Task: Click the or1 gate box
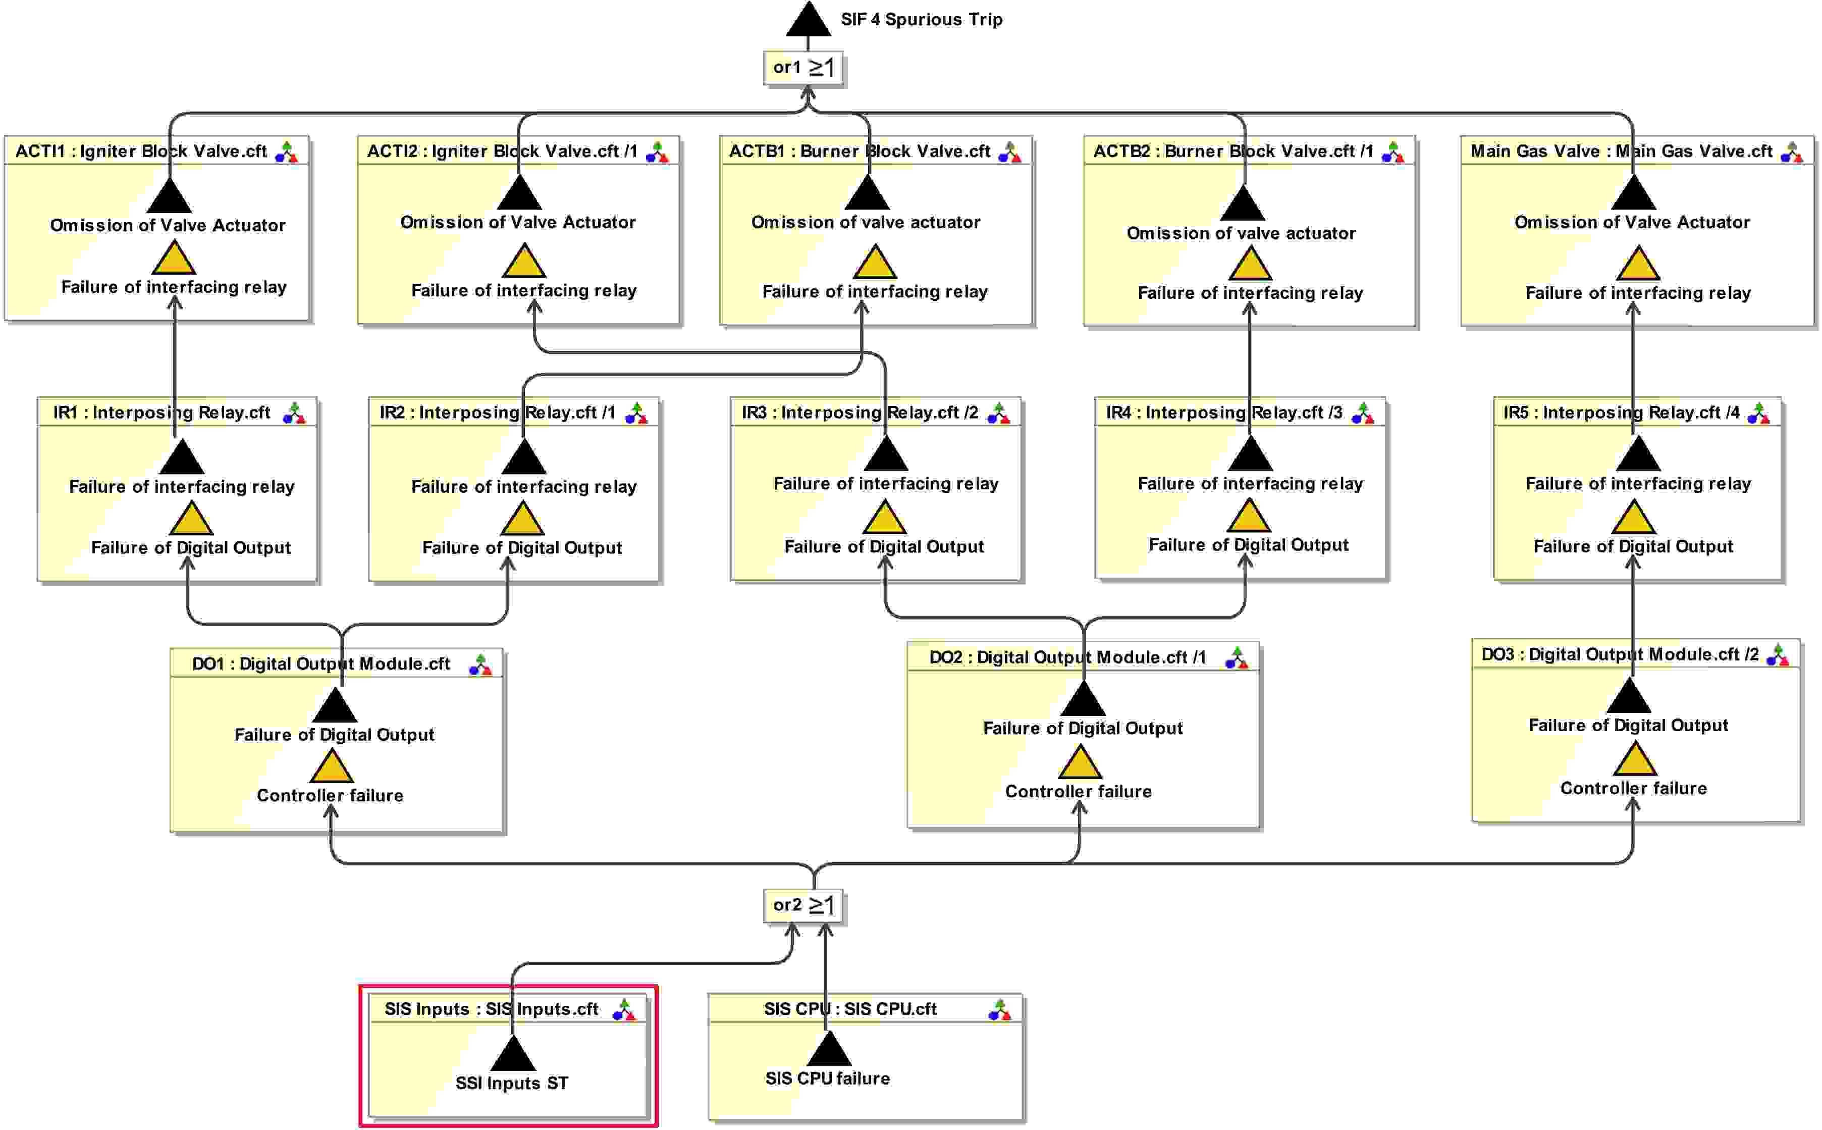tap(803, 68)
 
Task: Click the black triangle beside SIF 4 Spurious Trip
tap(808, 21)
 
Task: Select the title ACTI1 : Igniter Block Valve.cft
tap(141, 151)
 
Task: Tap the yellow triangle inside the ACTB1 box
tap(874, 263)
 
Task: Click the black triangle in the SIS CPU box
tap(828, 1050)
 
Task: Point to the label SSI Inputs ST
tap(512, 1083)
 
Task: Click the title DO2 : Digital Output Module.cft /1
tap(1067, 658)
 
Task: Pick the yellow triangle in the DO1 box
tap(331, 767)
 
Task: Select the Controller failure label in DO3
tap(1633, 789)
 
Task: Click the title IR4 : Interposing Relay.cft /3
tap(1223, 413)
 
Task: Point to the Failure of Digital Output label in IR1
tap(190, 548)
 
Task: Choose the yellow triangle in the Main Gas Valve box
tap(1637, 265)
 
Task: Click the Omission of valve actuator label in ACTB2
tap(1241, 233)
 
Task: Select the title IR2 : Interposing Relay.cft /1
tap(497, 413)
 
